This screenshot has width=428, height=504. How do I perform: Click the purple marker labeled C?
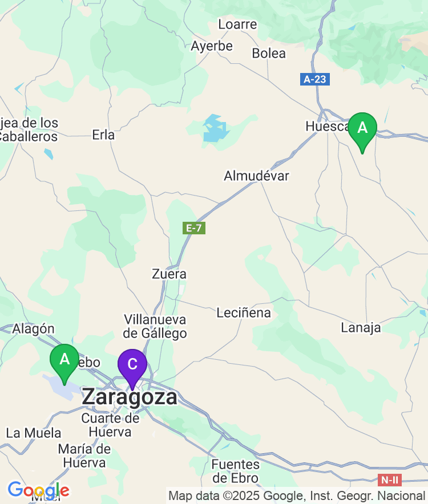click(x=132, y=365)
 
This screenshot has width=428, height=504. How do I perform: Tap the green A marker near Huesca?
click(x=362, y=129)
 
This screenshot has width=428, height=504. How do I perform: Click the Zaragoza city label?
click(x=130, y=397)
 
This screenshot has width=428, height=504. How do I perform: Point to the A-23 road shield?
click(x=314, y=79)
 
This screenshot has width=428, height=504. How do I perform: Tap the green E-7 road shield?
click(x=194, y=228)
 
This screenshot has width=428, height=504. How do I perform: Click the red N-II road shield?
click(x=390, y=480)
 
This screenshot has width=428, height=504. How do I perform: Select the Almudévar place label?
click(x=256, y=176)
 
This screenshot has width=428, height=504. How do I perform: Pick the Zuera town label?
click(x=169, y=274)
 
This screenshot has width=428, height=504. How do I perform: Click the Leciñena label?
click(x=244, y=312)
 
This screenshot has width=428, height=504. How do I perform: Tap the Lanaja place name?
click(x=361, y=327)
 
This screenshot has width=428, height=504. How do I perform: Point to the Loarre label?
click(x=237, y=25)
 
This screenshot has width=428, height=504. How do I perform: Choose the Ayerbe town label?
click(x=212, y=46)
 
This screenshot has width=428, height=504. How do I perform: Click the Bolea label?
click(x=269, y=54)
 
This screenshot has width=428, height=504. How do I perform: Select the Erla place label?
click(x=103, y=135)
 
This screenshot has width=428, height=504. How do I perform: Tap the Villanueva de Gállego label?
click(x=155, y=326)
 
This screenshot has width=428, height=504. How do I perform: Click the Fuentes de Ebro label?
click(x=235, y=471)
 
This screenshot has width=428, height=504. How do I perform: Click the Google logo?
click(x=38, y=490)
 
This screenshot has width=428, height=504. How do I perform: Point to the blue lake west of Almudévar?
click(x=215, y=129)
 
